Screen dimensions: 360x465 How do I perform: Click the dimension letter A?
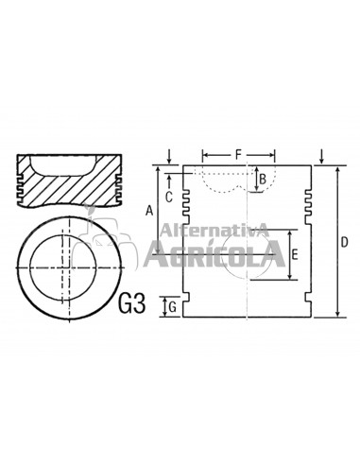149,211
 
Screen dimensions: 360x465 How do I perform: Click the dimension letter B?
263,180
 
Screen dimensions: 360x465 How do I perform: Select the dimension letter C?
169,198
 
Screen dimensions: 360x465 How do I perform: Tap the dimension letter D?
345,242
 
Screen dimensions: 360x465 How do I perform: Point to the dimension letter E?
294,254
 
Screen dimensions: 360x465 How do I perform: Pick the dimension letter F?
238,155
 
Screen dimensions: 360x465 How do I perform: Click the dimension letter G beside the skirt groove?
173,307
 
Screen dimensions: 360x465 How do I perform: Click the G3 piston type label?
132,303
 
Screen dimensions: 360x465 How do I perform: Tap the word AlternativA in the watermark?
214,230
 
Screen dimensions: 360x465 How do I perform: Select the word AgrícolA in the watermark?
214,254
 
